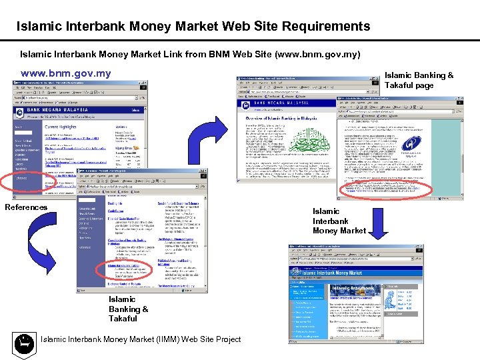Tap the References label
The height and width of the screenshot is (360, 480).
(x=26, y=207)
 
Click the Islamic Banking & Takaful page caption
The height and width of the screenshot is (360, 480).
(x=419, y=80)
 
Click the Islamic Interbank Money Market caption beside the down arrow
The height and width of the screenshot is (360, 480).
(x=339, y=221)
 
